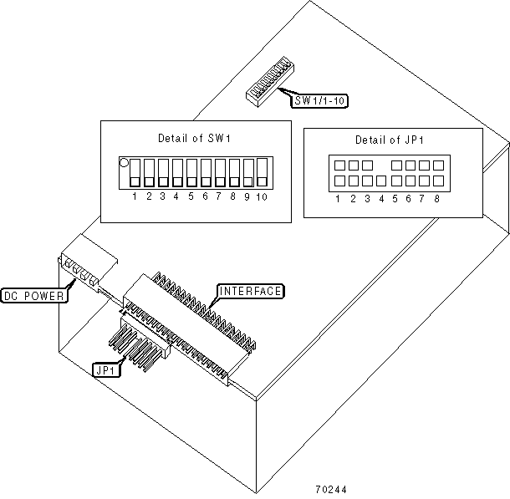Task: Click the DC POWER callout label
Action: (34, 295)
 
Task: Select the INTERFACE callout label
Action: (251, 291)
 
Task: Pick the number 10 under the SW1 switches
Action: (262, 197)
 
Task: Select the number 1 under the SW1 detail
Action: (135, 197)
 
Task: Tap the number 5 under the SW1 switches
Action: (191, 197)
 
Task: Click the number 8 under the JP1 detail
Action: (437, 198)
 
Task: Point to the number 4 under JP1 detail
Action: (381, 198)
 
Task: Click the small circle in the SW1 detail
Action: (123, 164)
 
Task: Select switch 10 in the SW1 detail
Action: (262, 172)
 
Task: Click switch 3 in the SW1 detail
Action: (163, 172)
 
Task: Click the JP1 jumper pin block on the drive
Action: (138, 342)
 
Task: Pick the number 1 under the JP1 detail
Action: (338, 198)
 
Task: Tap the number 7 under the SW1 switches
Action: (219, 197)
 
